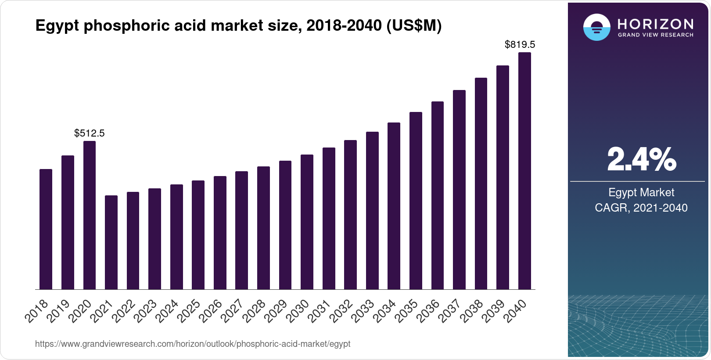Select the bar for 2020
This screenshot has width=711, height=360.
tap(90, 215)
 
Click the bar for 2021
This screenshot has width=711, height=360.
tap(111, 242)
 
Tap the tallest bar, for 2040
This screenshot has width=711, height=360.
tap(524, 171)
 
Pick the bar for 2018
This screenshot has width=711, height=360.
tap(46, 229)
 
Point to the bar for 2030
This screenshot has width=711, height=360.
tap(307, 222)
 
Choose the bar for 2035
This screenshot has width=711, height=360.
tap(416, 201)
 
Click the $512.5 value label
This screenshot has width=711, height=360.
tap(90, 133)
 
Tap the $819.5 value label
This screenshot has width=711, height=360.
tap(520, 44)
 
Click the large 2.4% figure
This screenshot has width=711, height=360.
tap(641, 159)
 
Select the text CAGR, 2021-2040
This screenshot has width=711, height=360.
tap(641, 208)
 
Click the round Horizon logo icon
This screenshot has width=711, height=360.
tap(596, 27)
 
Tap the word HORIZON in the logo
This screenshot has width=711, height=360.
tap(655, 24)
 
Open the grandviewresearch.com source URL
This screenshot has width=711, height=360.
tap(193, 344)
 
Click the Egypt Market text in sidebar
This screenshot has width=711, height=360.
tap(641, 192)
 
